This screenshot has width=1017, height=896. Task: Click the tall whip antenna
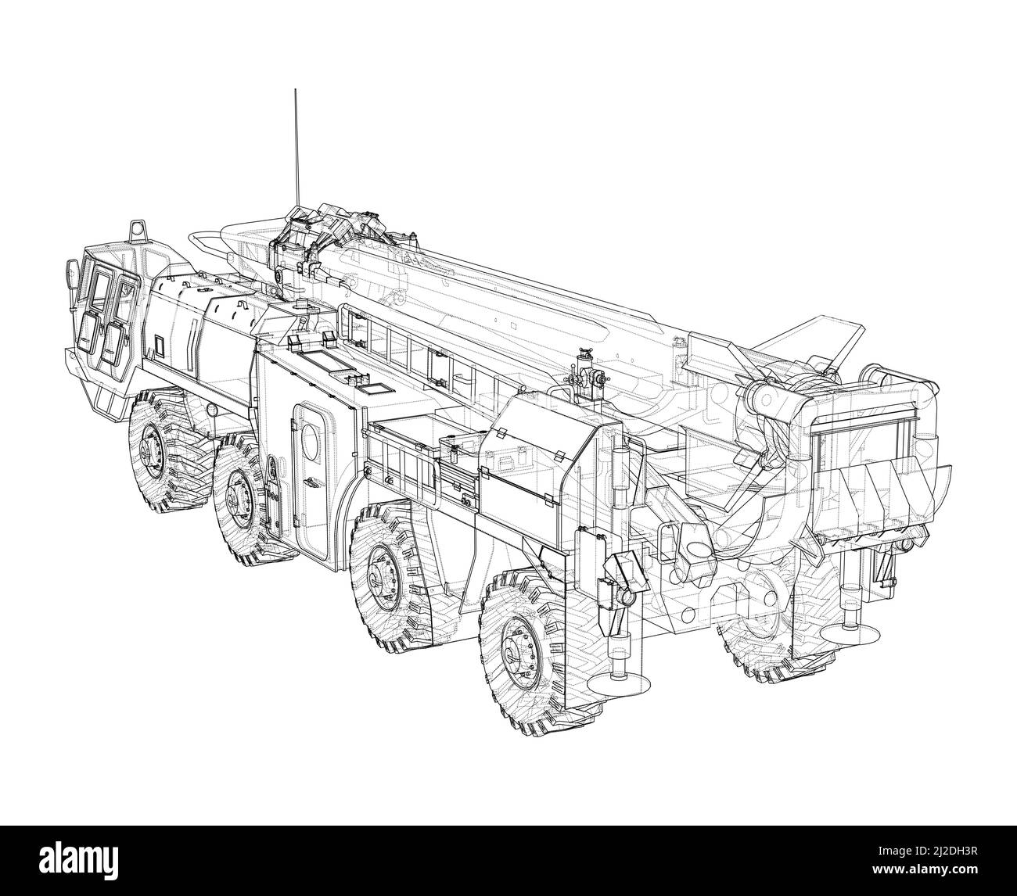pyautogui.click(x=296, y=149)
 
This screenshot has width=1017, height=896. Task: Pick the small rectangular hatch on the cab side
pyautogui.click(x=161, y=343)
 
